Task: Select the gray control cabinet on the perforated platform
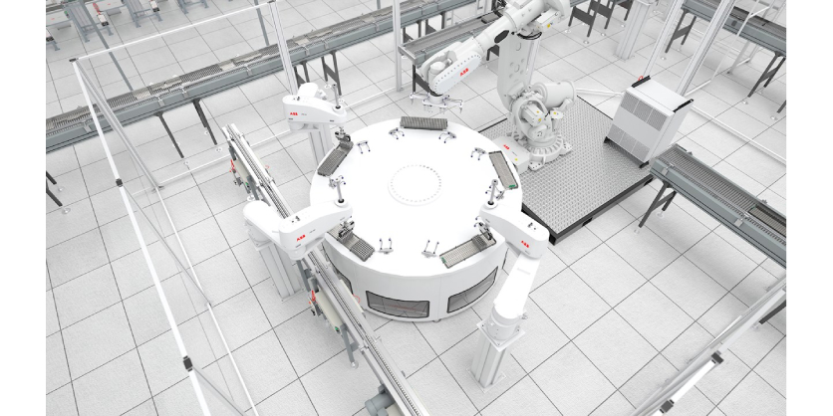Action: tap(647, 118)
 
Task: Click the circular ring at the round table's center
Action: tap(417, 184)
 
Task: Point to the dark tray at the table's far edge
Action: tap(423, 123)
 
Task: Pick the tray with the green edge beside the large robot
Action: tap(503, 170)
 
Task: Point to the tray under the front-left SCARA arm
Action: tap(358, 245)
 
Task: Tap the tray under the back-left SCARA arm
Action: tap(335, 156)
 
